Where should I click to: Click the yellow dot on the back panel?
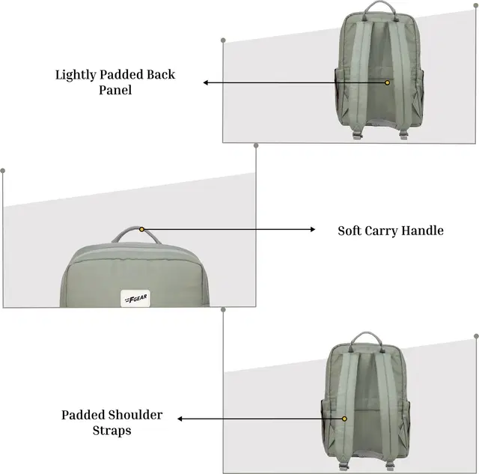coord(388,82)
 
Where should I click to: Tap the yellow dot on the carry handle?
coord(141,229)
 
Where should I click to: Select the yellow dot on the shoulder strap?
coord(344,419)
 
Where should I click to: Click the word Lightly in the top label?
coord(76,75)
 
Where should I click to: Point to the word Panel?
coord(115,90)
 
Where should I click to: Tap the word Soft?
coord(350,231)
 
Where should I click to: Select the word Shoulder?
coord(135,415)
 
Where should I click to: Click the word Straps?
coord(112,431)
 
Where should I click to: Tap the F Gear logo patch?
coord(135,299)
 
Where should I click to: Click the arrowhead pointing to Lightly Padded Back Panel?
coord(206,82)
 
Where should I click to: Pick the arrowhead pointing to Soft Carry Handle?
coord(313,229)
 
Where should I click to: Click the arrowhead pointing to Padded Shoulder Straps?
coord(180,419)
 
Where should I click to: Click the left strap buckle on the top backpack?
coord(357,135)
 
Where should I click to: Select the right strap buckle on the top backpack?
coord(403,135)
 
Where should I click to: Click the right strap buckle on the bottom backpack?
coord(390,467)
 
